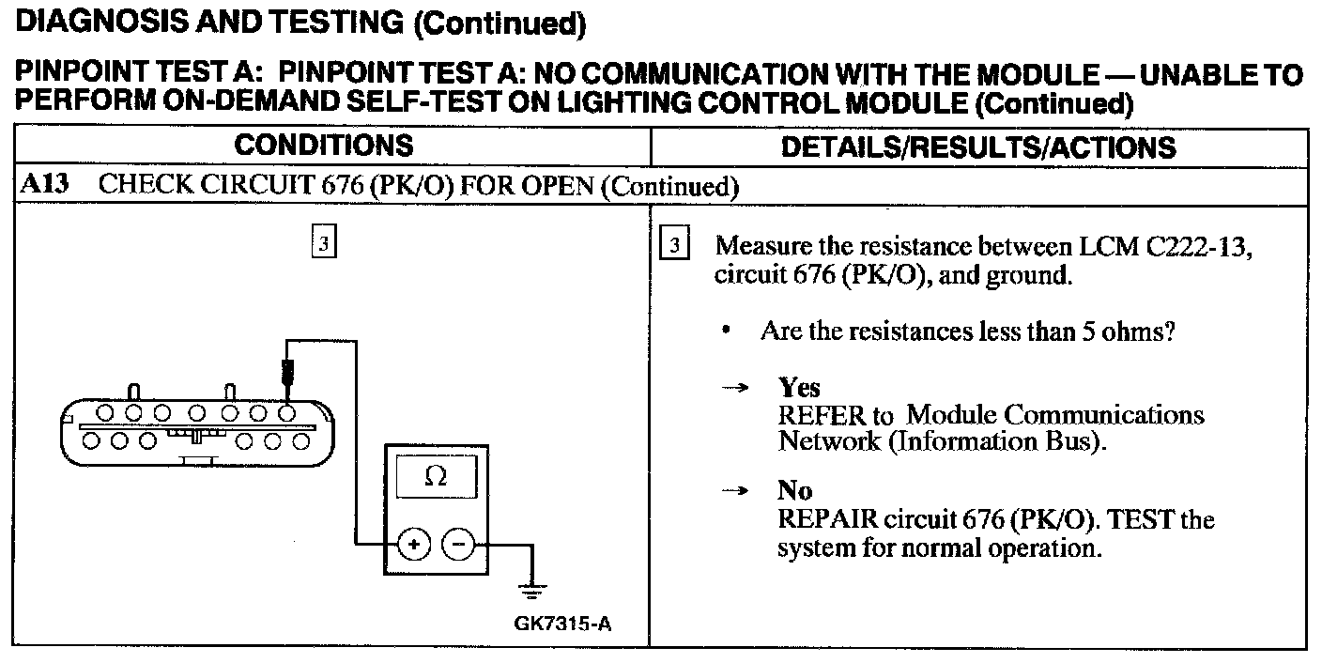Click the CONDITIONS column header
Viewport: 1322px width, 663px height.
(x=323, y=146)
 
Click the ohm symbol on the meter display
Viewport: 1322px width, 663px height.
(x=436, y=477)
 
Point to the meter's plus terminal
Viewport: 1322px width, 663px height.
(x=414, y=544)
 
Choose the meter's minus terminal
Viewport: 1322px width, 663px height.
(x=458, y=544)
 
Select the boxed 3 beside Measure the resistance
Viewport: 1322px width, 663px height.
(x=675, y=247)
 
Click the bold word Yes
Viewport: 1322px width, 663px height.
(x=799, y=387)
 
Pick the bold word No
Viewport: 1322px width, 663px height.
(x=794, y=490)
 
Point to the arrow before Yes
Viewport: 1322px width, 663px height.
(x=740, y=388)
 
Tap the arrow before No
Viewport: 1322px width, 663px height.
(x=740, y=491)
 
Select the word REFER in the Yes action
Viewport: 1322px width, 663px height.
(x=820, y=414)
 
